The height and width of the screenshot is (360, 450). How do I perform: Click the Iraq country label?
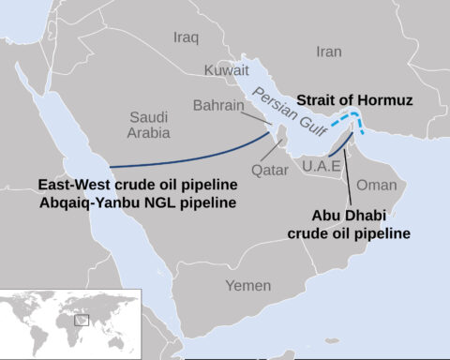coord(187,37)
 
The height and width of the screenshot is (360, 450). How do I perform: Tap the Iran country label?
coord(330,52)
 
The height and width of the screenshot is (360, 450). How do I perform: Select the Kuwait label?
coord(228,70)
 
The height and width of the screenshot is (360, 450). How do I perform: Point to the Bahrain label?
coord(218,106)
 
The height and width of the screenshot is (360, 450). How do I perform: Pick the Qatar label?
coord(271,171)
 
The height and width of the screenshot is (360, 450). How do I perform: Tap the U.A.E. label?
coord(320,166)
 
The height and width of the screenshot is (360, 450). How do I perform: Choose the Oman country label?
coord(378,186)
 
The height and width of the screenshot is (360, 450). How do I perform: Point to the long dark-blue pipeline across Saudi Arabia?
coord(187,157)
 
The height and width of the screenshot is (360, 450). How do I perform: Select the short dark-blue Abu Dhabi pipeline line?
coord(340,146)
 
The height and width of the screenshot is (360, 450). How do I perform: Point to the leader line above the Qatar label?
coord(278,151)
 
